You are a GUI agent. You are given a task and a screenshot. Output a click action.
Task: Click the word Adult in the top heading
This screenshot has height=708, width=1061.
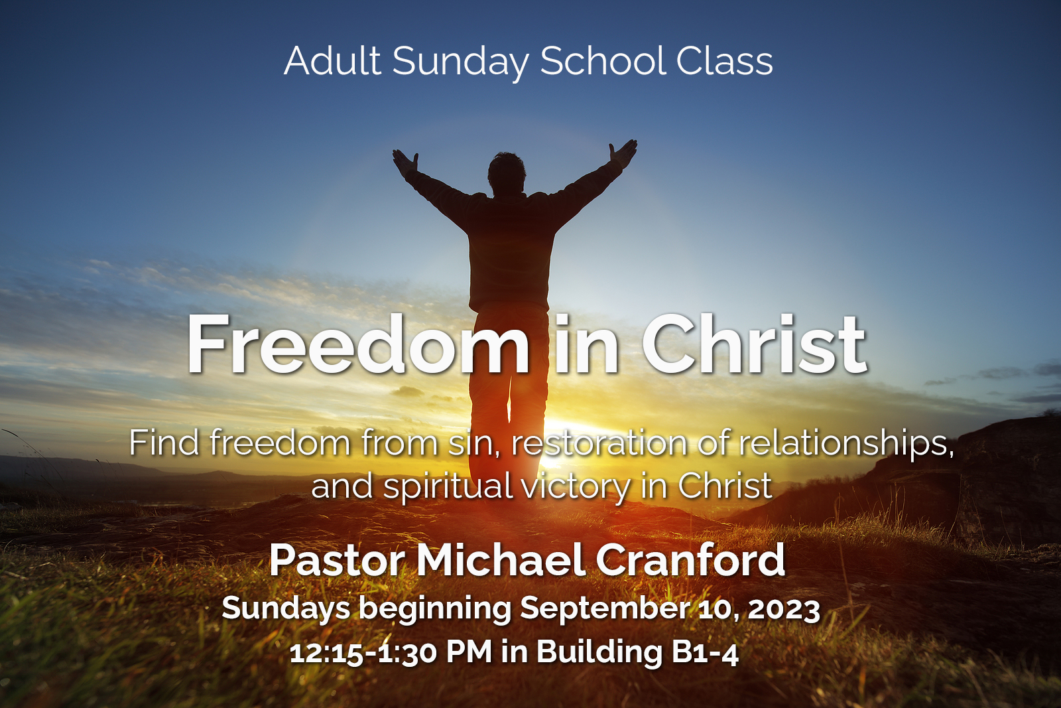tap(332, 61)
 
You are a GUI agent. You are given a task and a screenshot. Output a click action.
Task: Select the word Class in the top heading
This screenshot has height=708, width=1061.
tap(724, 61)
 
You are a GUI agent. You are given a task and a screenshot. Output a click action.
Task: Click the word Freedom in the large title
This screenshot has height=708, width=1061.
tap(358, 345)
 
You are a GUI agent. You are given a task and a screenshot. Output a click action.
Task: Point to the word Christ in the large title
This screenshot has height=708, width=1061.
tap(754, 345)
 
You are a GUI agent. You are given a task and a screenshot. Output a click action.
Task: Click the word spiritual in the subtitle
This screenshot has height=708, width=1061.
tap(448, 487)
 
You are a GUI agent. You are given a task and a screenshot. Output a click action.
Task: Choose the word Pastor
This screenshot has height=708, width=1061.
tap(337, 561)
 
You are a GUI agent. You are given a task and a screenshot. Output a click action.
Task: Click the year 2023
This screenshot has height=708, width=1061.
tap(784, 608)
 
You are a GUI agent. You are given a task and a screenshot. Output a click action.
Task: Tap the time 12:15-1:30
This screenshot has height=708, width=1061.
tap(363, 652)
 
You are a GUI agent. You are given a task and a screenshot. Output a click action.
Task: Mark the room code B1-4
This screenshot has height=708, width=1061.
tap(704, 652)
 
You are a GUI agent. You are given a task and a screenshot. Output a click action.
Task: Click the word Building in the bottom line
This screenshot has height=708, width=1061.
tap(599, 652)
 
